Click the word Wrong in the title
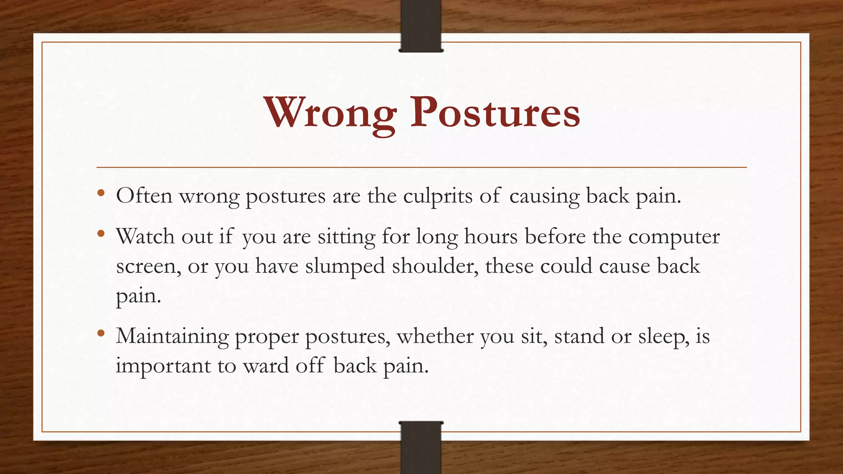(330, 113)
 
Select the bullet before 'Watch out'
(101, 234)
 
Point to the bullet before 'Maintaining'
(101, 333)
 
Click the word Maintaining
(172, 337)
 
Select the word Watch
(145, 237)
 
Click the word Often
(144, 195)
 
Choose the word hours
(491, 237)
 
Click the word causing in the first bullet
(544, 196)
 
